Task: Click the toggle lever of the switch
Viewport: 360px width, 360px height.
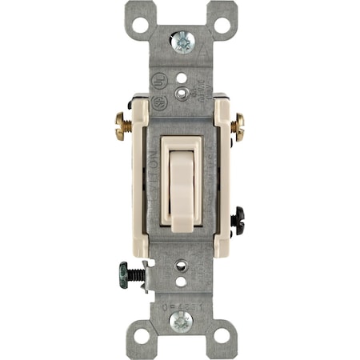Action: pos(181,184)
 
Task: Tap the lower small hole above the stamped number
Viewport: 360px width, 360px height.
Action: pos(181,281)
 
